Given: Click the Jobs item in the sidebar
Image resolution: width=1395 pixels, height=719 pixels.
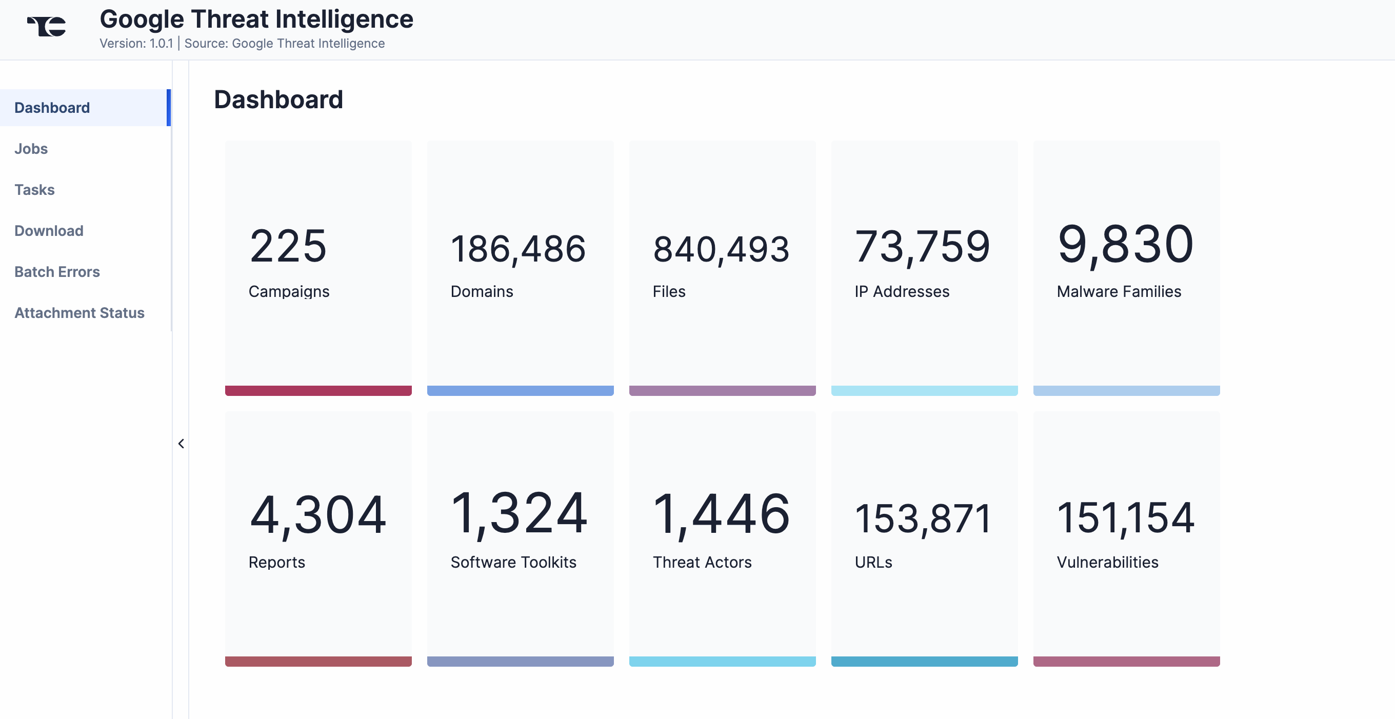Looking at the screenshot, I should (31, 149).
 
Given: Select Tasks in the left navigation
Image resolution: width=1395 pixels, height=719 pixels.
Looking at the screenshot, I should (35, 190).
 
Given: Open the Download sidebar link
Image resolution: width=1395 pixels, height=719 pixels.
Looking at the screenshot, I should (49, 231).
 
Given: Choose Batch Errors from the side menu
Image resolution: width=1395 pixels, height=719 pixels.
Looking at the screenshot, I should (57, 272).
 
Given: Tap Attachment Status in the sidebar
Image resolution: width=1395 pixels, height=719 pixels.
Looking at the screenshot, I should (79, 313).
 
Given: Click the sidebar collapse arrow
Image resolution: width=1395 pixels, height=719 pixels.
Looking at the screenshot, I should (181, 444).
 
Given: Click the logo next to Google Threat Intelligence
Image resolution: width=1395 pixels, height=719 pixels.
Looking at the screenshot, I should (47, 26).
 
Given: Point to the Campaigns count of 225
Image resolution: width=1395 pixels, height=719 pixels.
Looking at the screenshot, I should (288, 246).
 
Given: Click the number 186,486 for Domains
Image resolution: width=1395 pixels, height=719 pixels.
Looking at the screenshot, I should (518, 249).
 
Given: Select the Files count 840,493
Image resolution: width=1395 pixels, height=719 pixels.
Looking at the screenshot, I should (721, 250).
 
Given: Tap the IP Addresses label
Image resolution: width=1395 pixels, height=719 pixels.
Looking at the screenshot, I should (902, 292).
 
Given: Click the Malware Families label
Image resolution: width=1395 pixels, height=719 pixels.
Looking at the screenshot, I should (1119, 292).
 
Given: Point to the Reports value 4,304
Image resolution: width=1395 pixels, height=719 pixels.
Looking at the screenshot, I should (318, 515).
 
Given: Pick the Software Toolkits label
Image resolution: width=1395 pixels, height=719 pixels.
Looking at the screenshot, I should (513, 563).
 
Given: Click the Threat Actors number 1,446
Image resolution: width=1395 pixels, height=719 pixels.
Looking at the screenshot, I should (721, 514).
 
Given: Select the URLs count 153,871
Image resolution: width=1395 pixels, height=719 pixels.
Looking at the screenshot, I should (923, 518).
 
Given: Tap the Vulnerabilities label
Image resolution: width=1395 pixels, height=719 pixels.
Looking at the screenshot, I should (1107, 563).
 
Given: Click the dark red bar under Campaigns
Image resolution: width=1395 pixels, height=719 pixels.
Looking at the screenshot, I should (318, 391).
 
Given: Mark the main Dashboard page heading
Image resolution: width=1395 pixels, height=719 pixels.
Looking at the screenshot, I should (278, 100).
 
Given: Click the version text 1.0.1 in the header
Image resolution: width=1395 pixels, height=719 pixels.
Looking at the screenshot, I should (161, 43).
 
